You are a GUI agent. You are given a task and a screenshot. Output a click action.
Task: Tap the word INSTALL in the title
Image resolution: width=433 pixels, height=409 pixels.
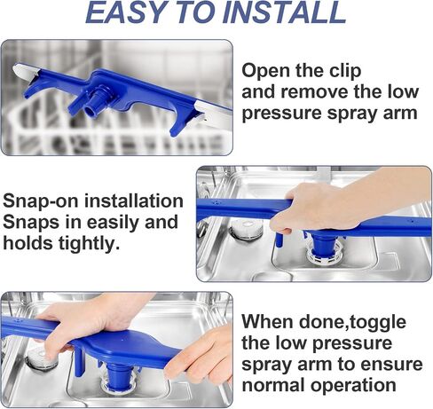(x=285, y=13)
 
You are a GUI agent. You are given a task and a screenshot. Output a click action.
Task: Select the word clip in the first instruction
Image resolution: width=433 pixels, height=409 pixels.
(x=344, y=72)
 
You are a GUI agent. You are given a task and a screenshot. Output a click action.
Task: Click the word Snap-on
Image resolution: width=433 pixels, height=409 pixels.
(x=41, y=202)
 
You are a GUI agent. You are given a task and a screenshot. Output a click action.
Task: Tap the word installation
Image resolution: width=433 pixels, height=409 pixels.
(x=134, y=201)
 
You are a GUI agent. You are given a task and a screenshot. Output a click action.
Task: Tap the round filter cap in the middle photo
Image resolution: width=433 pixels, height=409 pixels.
(x=247, y=228)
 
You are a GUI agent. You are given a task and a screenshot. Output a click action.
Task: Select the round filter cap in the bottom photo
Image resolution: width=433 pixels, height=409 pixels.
(x=42, y=358)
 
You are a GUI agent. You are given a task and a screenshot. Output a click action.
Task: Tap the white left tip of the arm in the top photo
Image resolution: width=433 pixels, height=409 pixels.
(x=25, y=73)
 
